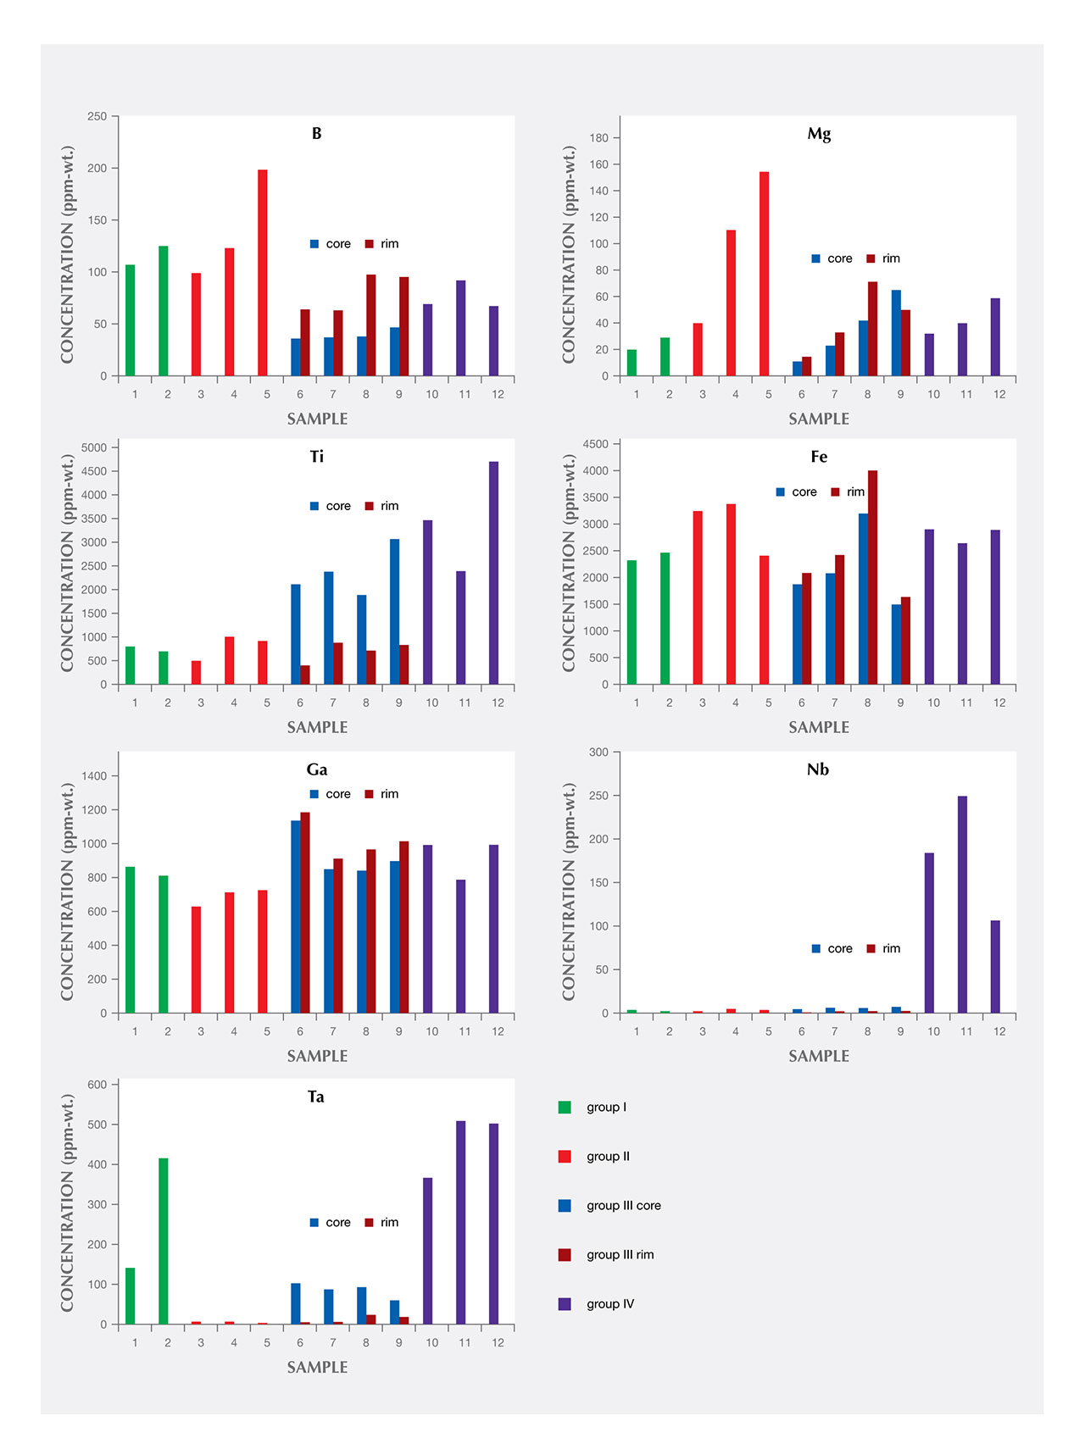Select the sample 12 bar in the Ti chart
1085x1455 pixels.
tap(493, 573)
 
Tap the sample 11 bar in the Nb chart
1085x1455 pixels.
tap(962, 904)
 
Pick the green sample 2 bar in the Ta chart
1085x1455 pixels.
tap(163, 1241)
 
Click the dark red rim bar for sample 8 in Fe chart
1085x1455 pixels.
tap(872, 577)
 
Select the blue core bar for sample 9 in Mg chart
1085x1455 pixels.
tap(896, 333)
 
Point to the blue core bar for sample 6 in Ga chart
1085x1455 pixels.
tap(296, 916)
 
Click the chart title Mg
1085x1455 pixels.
tap(819, 134)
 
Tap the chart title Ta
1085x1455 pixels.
tap(315, 1097)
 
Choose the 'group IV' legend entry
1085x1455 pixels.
tap(609, 1304)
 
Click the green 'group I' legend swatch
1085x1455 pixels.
tap(565, 1108)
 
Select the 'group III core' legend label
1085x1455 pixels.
tap(623, 1206)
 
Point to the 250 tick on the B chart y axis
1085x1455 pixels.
tap(97, 116)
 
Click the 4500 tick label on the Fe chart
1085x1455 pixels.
tap(596, 444)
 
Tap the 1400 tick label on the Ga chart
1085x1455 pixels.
tap(94, 776)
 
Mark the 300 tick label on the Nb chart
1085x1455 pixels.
tap(598, 752)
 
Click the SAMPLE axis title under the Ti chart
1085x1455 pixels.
tap(317, 727)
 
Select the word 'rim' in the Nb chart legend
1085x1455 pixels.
tap(891, 949)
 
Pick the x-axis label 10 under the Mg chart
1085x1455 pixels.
tap(933, 394)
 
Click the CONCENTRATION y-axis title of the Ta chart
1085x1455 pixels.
tap(68, 1202)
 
